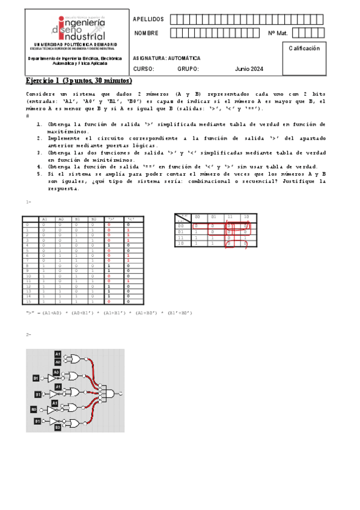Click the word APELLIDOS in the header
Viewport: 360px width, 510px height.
point(147,20)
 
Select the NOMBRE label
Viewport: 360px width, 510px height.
point(146,33)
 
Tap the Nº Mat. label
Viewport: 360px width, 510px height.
point(279,33)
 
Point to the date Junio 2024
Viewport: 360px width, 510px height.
point(249,69)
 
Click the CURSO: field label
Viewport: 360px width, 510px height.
point(144,69)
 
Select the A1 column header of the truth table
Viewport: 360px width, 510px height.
point(44,219)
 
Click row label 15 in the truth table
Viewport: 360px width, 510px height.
point(28,300)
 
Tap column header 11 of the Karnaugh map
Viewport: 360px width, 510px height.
point(228,217)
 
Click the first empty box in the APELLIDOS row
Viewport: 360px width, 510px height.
point(175,20)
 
